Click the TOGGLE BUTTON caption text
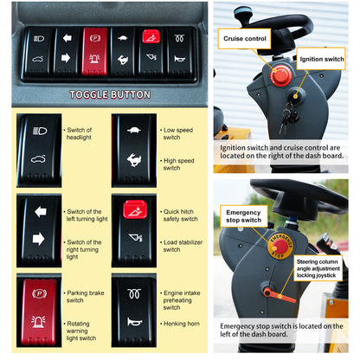pyautogui.click(x=110, y=94)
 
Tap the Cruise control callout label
pyautogui.click(x=244, y=39)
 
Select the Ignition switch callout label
pyautogui.click(x=321, y=59)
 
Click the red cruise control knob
pyautogui.click(x=280, y=75)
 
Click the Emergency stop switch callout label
pyautogui.click(x=244, y=216)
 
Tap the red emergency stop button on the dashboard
pyautogui.click(x=280, y=246)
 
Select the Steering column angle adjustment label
pyautogui.click(x=318, y=268)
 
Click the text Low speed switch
pyautogui.click(x=177, y=133)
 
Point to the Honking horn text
pyautogui.click(x=180, y=324)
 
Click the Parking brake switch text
pyautogui.click(x=84, y=297)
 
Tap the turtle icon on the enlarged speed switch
pyautogui.click(x=134, y=130)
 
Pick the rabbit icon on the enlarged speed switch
pyautogui.click(x=133, y=160)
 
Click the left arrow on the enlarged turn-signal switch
pyautogui.click(x=41, y=212)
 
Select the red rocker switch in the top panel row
pyautogui.click(x=94, y=51)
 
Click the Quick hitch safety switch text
pyautogui.click(x=179, y=215)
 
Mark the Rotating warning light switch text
pyautogui.click(x=80, y=331)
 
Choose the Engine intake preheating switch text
pyautogui.click(x=181, y=300)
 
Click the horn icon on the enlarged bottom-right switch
pyautogui.click(x=134, y=322)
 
